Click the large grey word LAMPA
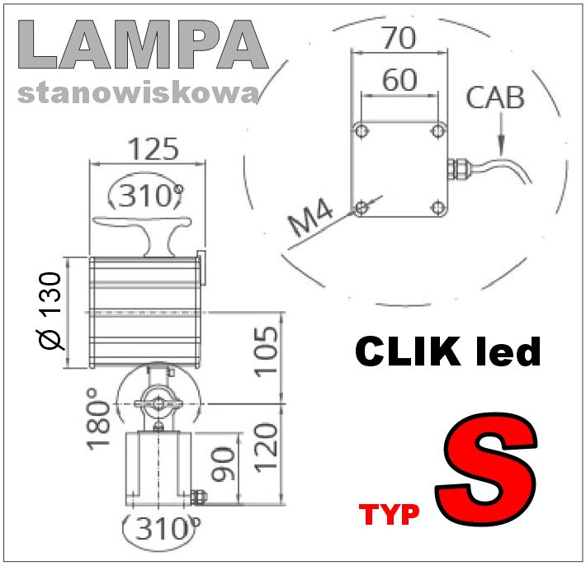coord(143,45)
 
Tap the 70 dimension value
coord(399,38)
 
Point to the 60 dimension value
coord(399,79)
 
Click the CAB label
coord(495,98)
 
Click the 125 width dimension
coord(154,149)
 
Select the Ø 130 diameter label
coord(50,311)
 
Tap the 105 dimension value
coord(267,351)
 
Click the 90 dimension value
coord(223,464)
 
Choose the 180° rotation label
coord(98,419)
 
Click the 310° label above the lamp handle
coord(146,195)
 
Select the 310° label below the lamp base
coord(162,528)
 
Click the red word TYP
coord(389,515)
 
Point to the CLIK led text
coord(447,351)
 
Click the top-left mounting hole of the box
coord(362,130)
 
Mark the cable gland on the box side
coord(458,168)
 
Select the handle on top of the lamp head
coord(142,235)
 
